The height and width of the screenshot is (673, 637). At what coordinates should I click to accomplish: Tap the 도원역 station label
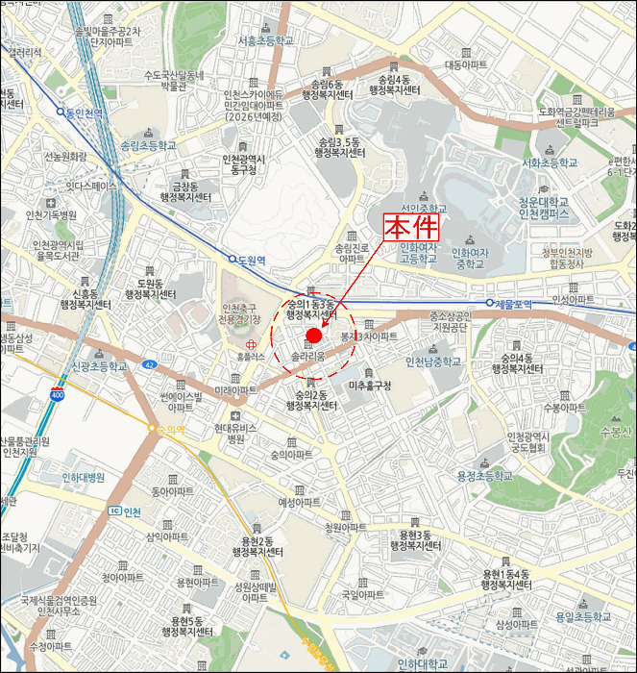(x=249, y=260)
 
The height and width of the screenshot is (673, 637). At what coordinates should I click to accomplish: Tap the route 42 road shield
(x=150, y=364)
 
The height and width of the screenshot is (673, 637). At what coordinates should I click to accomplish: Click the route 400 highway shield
(x=58, y=394)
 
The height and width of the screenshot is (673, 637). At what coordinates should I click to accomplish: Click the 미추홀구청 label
(x=372, y=386)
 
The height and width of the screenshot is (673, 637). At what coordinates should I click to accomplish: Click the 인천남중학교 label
(x=433, y=361)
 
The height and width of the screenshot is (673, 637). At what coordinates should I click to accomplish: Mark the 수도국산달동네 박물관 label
(x=174, y=80)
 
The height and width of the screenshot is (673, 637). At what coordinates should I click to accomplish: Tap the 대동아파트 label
(x=467, y=65)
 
